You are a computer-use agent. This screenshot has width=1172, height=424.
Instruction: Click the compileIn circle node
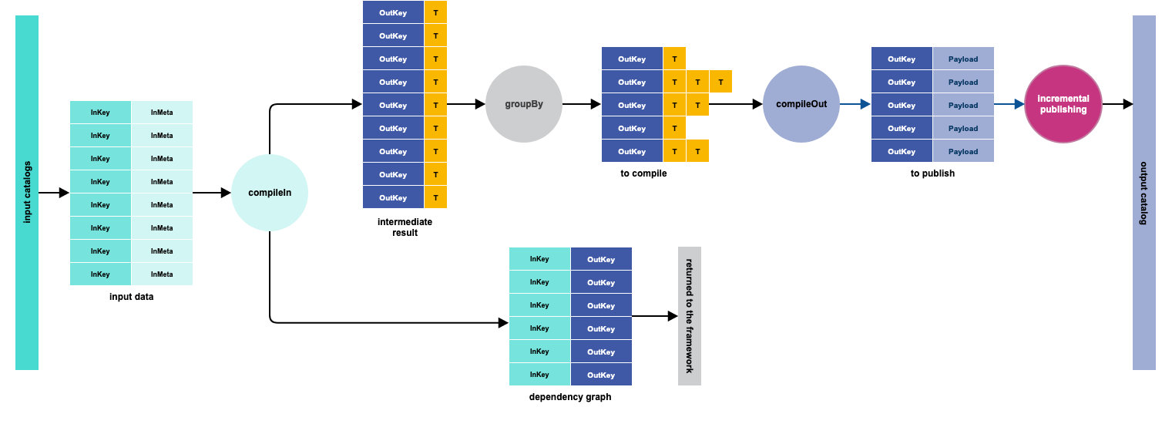click(270, 193)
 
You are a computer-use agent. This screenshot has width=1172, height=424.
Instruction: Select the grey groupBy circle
click(524, 104)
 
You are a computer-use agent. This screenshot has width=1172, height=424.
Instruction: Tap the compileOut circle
click(801, 104)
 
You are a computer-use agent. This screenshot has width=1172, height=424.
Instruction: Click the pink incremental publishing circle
click(1063, 104)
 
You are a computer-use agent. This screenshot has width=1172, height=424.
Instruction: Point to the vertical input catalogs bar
click(27, 193)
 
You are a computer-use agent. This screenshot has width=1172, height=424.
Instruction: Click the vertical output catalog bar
click(1144, 193)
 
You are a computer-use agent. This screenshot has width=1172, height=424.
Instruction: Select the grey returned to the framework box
click(690, 316)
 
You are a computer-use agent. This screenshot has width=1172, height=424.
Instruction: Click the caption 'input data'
click(131, 297)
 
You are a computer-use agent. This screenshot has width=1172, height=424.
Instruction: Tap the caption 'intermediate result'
click(405, 227)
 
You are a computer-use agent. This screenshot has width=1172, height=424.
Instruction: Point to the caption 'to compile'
click(643, 173)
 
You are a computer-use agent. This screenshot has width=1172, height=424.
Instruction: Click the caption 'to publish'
click(932, 173)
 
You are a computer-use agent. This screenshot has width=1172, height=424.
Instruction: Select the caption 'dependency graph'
click(570, 397)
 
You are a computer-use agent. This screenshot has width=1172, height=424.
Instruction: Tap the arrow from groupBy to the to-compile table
click(582, 104)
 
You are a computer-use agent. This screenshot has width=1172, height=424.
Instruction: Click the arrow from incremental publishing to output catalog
click(1117, 104)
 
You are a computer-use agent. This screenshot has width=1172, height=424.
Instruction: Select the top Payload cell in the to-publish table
click(963, 59)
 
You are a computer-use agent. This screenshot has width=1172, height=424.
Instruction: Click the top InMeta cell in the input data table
click(162, 113)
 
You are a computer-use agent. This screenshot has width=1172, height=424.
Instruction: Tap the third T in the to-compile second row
click(720, 82)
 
